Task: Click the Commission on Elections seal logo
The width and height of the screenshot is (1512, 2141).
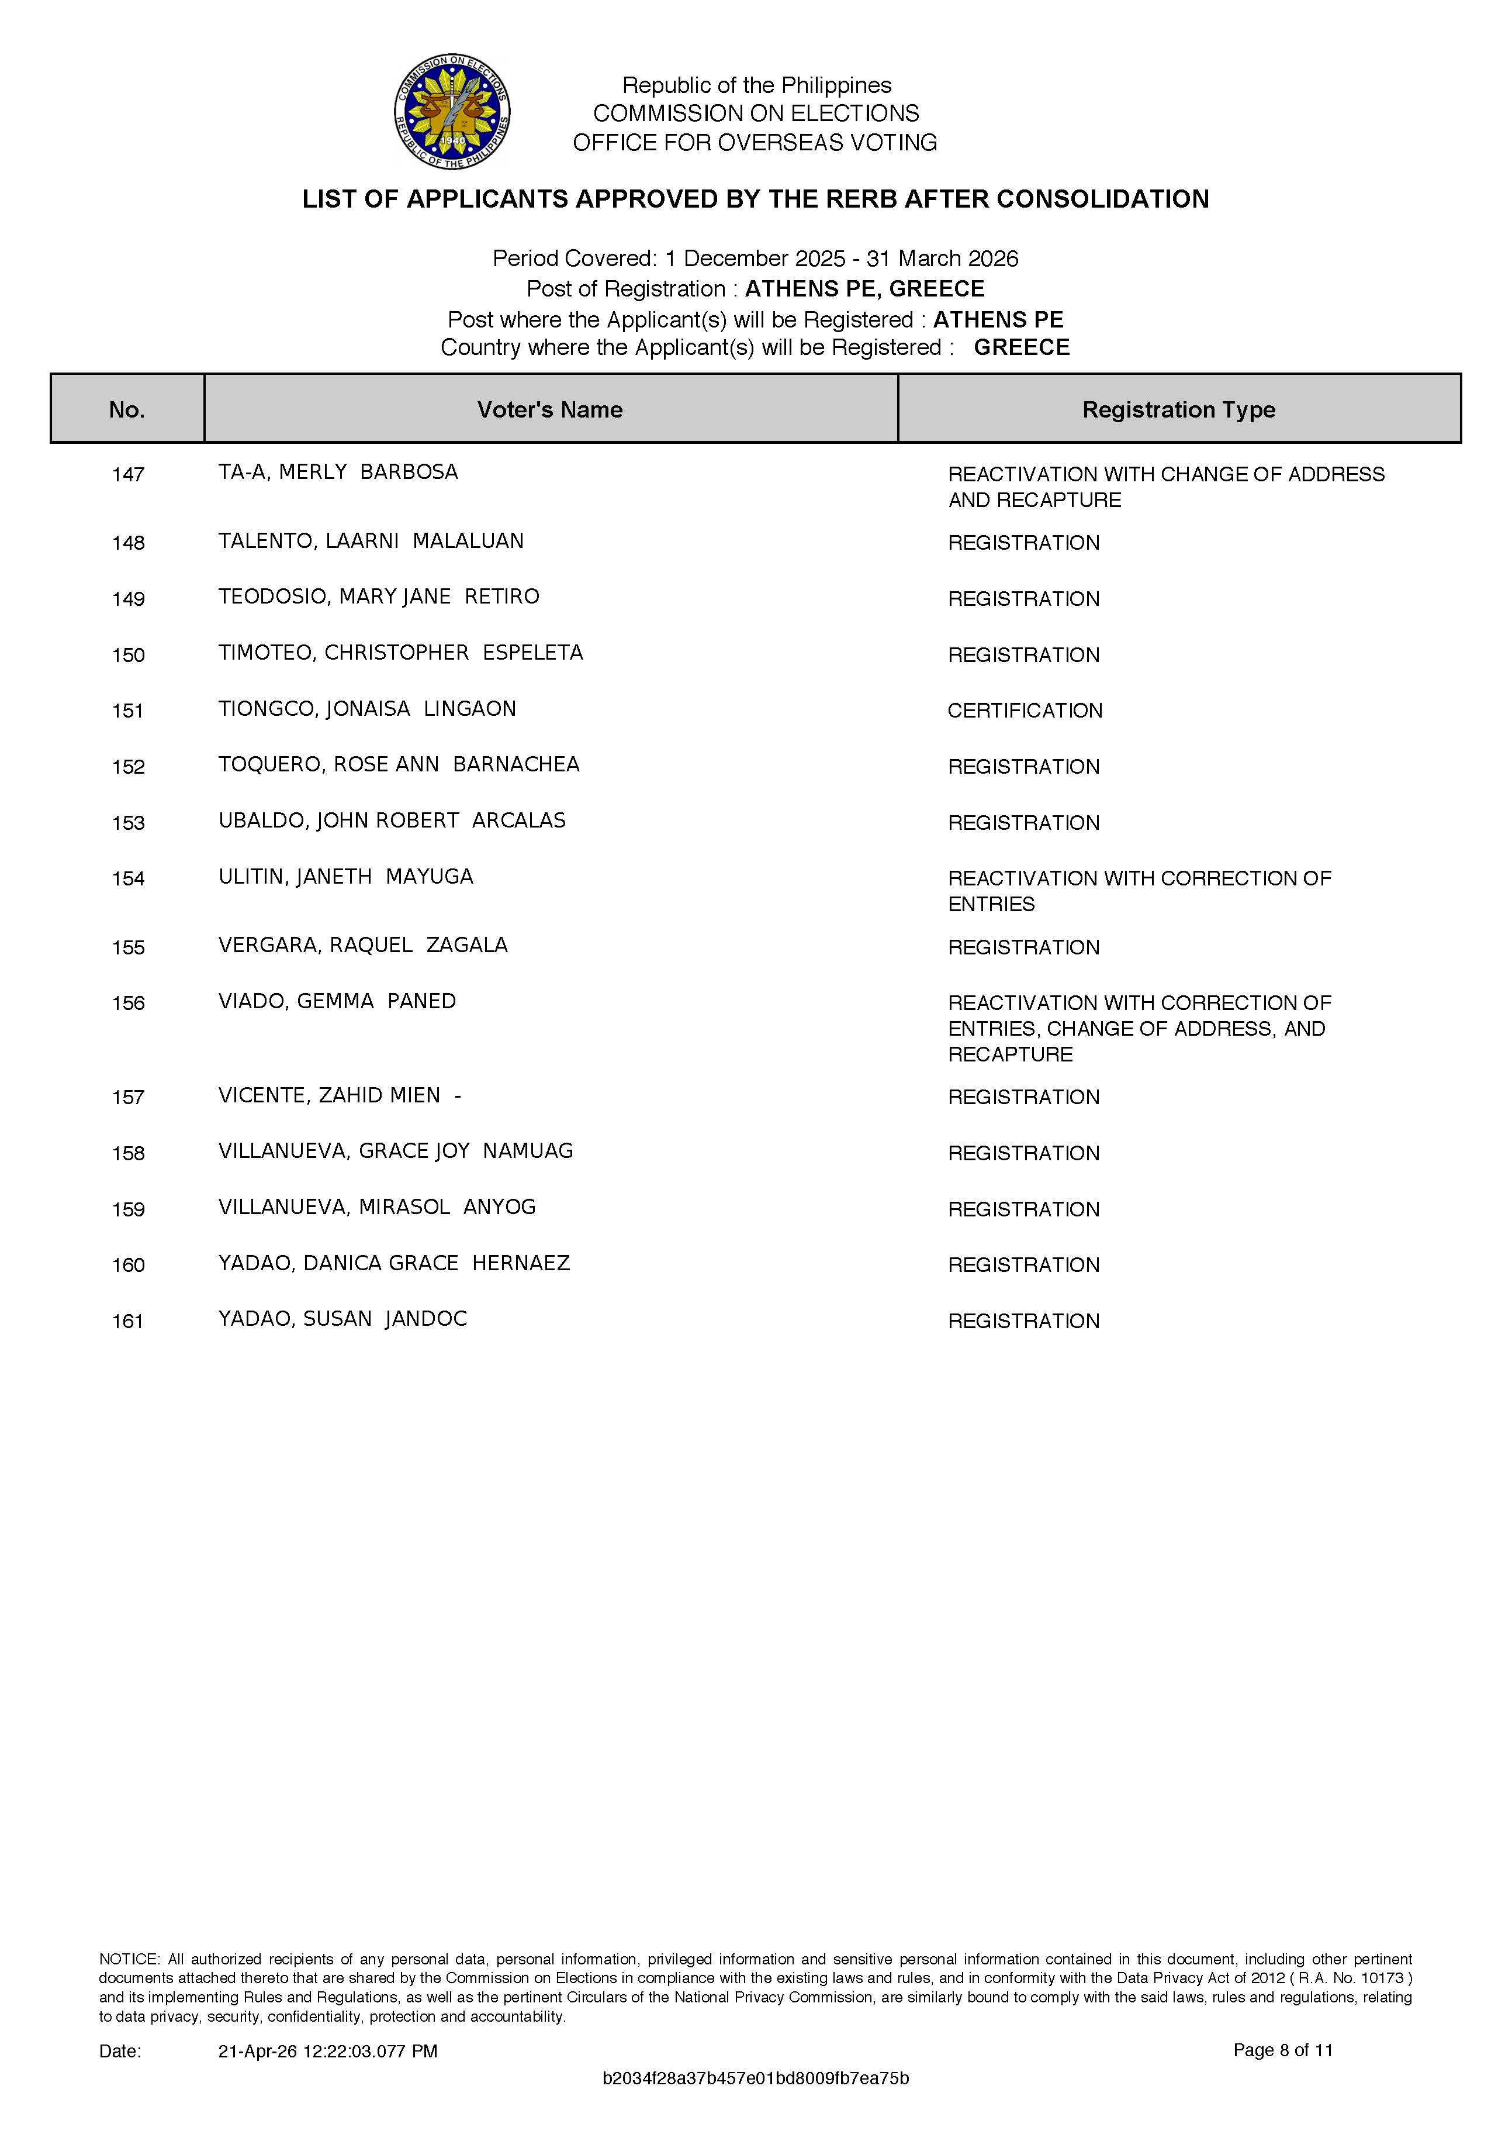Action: click(452, 112)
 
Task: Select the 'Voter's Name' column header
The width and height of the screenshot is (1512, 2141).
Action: click(550, 409)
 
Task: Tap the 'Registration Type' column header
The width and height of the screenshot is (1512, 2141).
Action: click(1178, 409)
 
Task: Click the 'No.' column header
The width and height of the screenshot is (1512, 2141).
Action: click(127, 409)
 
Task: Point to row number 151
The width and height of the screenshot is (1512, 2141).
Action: click(128, 711)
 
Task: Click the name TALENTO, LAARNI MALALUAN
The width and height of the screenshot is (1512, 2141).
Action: click(371, 541)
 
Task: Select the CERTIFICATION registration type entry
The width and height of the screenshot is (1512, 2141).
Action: click(1025, 711)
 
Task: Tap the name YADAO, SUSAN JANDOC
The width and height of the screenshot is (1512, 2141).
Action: click(342, 1319)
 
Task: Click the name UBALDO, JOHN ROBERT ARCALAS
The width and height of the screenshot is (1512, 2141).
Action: click(392, 820)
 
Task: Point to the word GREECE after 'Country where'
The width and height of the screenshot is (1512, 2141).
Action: click(1022, 348)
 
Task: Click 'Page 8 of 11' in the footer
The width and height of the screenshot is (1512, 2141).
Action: click(1283, 2050)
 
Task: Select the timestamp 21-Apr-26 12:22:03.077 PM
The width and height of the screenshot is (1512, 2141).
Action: click(327, 2050)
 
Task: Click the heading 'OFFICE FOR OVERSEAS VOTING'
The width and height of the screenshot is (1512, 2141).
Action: click(755, 143)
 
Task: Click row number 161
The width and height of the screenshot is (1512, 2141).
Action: click(128, 1321)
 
